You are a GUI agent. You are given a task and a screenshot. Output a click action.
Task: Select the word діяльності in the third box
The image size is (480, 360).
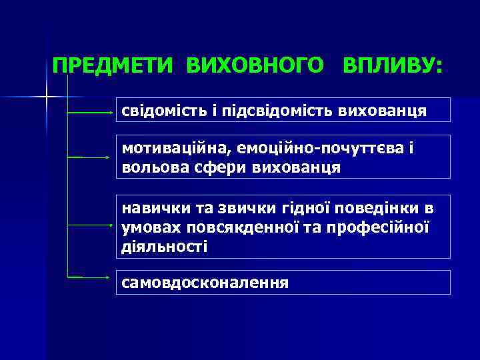(164, 246)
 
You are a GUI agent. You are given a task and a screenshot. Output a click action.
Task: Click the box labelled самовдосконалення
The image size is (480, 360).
(283, 282)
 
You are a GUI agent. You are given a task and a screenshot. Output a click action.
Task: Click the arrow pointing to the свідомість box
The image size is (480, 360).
(91, 114)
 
